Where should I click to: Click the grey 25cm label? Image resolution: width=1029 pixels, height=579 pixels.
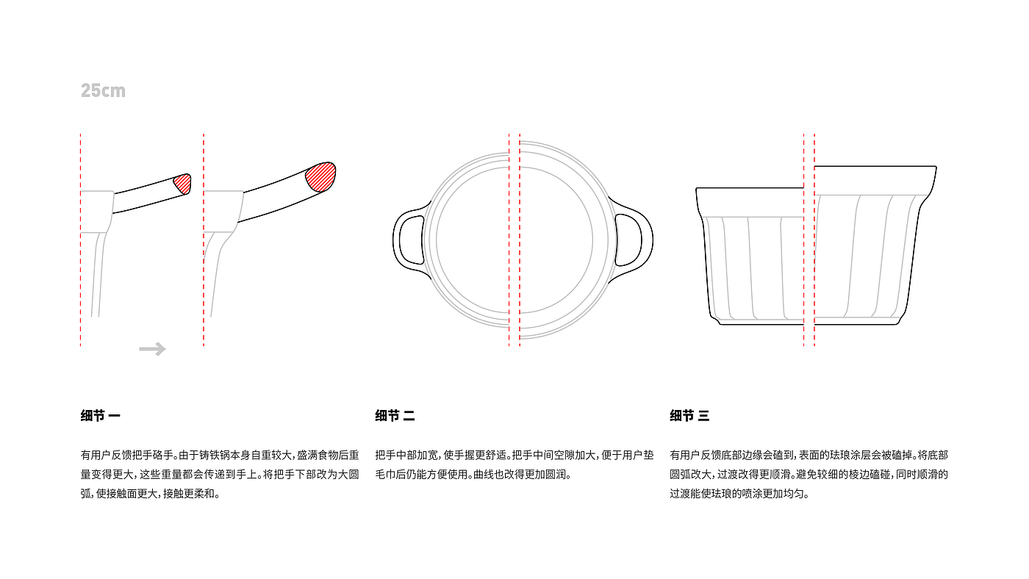(x=103, y=90)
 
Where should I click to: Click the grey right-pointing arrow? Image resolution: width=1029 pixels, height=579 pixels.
(x=153, y=349)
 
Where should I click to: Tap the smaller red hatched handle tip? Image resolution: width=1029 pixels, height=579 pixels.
(x=182, y=184)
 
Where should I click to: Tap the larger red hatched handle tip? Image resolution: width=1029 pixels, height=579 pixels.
(x=320, y=177)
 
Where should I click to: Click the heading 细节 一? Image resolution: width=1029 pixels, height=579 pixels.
(x=101, y=416)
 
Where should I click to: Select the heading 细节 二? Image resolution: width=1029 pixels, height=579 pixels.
(x=395, y=416)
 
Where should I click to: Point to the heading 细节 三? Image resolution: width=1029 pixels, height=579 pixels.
(x=689, y=416)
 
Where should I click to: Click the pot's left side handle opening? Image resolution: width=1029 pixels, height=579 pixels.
(x=412, y=240)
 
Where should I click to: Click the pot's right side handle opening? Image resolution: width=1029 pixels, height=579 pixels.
(x=628, y=240)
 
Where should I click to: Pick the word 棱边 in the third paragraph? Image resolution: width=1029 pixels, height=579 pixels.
(x=858, y=475)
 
